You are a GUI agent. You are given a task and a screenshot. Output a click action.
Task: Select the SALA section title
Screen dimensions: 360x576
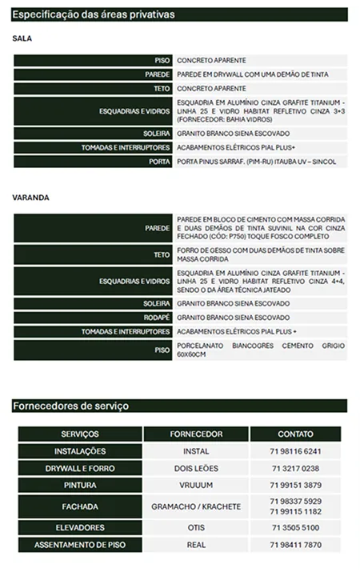point(22,38)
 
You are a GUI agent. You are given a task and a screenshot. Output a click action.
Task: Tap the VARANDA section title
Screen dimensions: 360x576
point(31,197)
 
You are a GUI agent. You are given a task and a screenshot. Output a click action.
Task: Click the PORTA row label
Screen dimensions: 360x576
point(160,162)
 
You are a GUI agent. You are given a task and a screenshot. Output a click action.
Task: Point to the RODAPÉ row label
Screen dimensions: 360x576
point(157,318)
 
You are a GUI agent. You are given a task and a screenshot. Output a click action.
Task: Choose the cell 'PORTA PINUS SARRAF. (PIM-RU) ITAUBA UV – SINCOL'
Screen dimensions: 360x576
point(256,162)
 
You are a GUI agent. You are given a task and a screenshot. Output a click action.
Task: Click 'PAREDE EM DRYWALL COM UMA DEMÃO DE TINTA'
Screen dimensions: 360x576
point(252,74)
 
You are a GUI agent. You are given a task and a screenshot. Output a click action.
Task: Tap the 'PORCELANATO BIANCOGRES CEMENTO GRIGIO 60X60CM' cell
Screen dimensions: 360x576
point(261,350)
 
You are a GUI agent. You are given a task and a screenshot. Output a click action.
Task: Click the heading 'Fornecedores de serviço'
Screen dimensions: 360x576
point(71,406)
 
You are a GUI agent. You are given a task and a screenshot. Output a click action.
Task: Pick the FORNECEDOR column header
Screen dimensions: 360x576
point(196,434)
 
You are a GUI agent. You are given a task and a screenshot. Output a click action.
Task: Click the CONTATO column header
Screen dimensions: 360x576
point(295,434)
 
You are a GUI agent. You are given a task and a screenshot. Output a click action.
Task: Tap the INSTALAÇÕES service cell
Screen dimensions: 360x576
point(80,451)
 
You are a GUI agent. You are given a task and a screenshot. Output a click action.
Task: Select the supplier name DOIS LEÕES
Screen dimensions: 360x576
point(196,468)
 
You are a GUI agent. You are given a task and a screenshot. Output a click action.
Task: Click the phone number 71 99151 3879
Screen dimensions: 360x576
point(296,486)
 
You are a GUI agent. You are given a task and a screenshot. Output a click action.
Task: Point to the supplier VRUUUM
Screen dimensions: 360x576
point(196,486)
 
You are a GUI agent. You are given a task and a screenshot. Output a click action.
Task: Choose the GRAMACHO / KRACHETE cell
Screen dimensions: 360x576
point(196,507)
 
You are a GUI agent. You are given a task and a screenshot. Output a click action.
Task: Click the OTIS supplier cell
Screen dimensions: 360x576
point(196,528)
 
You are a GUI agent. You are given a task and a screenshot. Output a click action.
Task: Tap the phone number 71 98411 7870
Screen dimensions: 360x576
point(296,545)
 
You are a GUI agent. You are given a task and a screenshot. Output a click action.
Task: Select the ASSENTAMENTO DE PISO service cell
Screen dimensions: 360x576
point(80,545)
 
